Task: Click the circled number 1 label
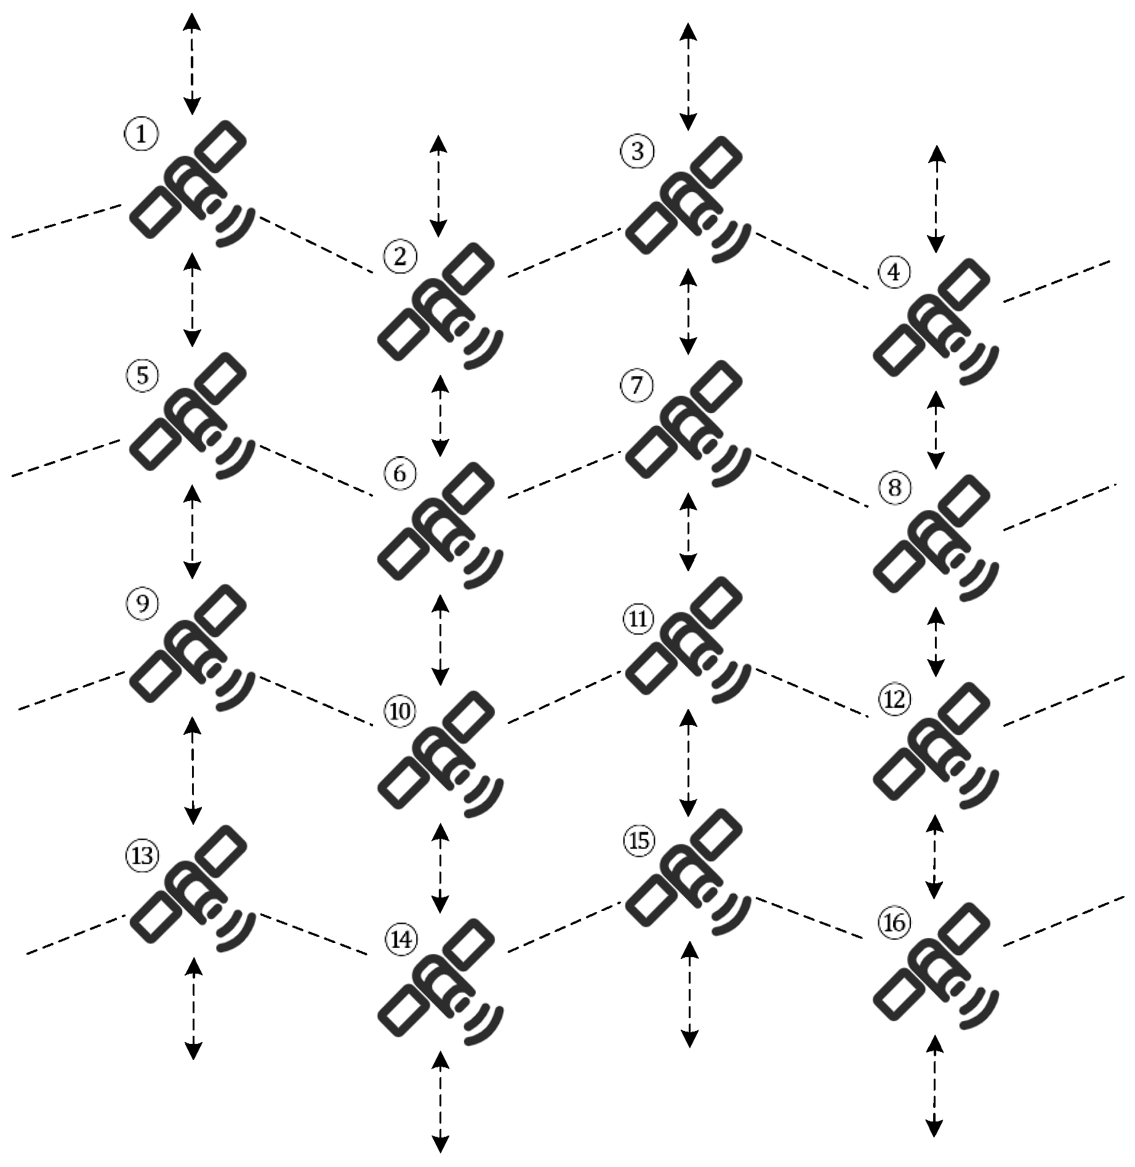[x=142, y=134]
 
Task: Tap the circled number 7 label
[x=637, y=385]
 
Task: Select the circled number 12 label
[x=894, y=699]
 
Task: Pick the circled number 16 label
[x=894, y=923]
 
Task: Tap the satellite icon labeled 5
[x=193, y=415]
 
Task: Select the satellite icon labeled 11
[x=688, y=640]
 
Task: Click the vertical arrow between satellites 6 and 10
[x=440, y=641]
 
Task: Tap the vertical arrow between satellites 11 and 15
[x=688, y=763]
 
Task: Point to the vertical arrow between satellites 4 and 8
[x=936, y=429]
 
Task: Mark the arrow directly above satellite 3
[x=688, y=76]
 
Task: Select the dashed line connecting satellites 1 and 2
[x=316, y=244]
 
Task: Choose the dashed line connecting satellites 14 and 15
[x=564, y=928]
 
